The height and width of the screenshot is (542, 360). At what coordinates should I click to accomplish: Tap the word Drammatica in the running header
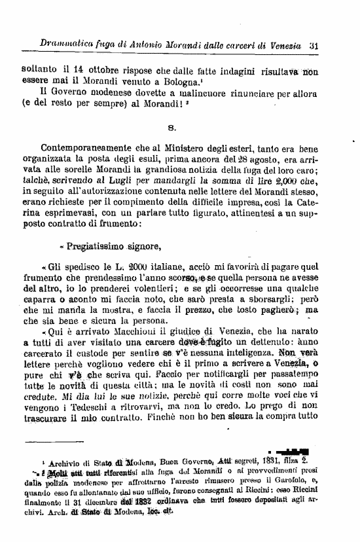[65, 45]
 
